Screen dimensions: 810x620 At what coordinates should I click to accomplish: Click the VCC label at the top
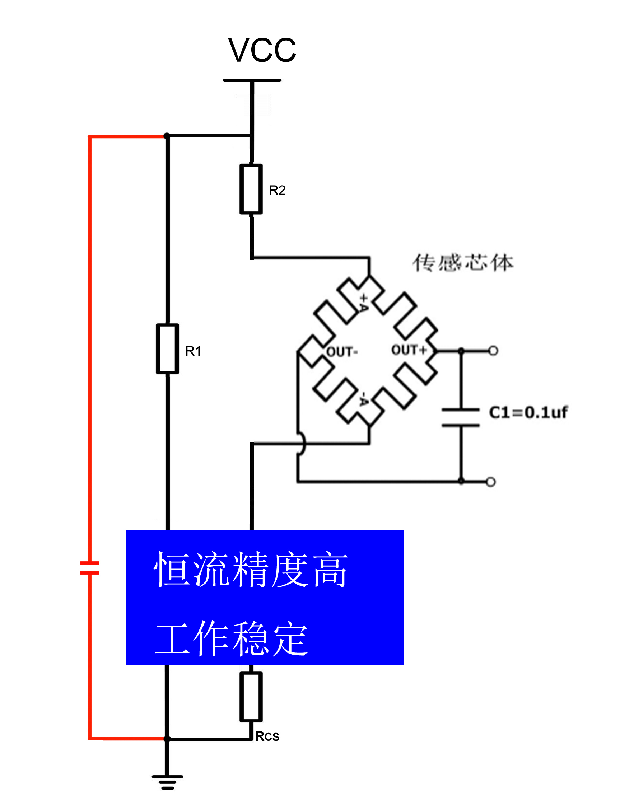(x=262, y=51)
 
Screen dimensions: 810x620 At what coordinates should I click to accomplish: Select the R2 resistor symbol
(x=251, y=189)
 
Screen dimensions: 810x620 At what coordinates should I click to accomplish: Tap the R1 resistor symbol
(x=167, y=349)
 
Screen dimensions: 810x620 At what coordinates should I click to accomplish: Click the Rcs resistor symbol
(x=251, y=697)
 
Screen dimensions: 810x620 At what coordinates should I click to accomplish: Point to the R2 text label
(x=277, y=190)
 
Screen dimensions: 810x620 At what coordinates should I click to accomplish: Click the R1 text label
(x=193, y=351)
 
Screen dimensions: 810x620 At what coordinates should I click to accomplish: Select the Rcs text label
(x=267, y=736)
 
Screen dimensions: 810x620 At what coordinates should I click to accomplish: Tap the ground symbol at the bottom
(x=167, y=783)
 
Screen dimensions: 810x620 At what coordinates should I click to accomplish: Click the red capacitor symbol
(x=90, y=568)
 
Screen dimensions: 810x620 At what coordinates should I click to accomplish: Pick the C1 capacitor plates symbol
(x=461, y=417)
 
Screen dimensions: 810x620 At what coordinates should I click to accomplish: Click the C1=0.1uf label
(x=528, y=412)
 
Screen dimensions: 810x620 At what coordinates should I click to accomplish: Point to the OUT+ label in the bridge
(x=409, y=350)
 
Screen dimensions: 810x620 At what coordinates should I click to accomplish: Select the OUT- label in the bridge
(x=342, y=351)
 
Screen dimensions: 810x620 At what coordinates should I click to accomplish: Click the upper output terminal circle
(x=493, y=350)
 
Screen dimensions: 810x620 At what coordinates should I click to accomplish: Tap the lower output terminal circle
(x=490, y=482)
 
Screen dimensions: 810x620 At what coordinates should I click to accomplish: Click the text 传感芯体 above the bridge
(x=463, y=263)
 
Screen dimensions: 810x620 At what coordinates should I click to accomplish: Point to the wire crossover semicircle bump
(x=302, y=444)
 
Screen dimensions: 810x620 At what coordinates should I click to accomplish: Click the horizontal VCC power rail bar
(x=252, y=80)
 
